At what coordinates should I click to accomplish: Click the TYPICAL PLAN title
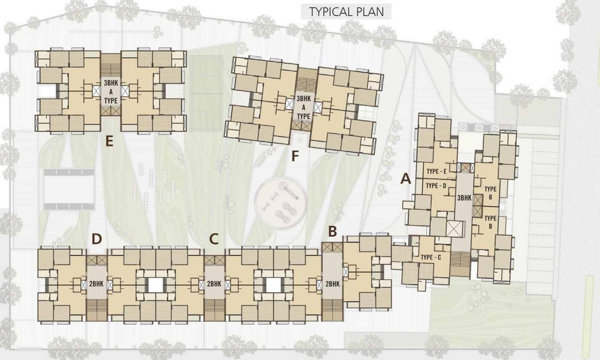(346, 11)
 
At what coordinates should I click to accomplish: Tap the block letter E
(110, 141)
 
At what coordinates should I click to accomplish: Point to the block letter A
(405, 179)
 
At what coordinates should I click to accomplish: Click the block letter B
(332, 231)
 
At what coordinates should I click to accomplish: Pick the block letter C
(214, 239)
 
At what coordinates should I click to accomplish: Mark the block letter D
(97, 239)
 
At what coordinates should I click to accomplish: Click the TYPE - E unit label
(440, 172)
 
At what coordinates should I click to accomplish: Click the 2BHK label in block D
(97, 283)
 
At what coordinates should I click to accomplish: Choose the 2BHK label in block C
(214, 283)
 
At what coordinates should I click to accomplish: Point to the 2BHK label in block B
(332, 283)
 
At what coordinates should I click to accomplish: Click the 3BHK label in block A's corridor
(464, 198)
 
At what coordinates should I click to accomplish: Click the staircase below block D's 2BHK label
(97, 310)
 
